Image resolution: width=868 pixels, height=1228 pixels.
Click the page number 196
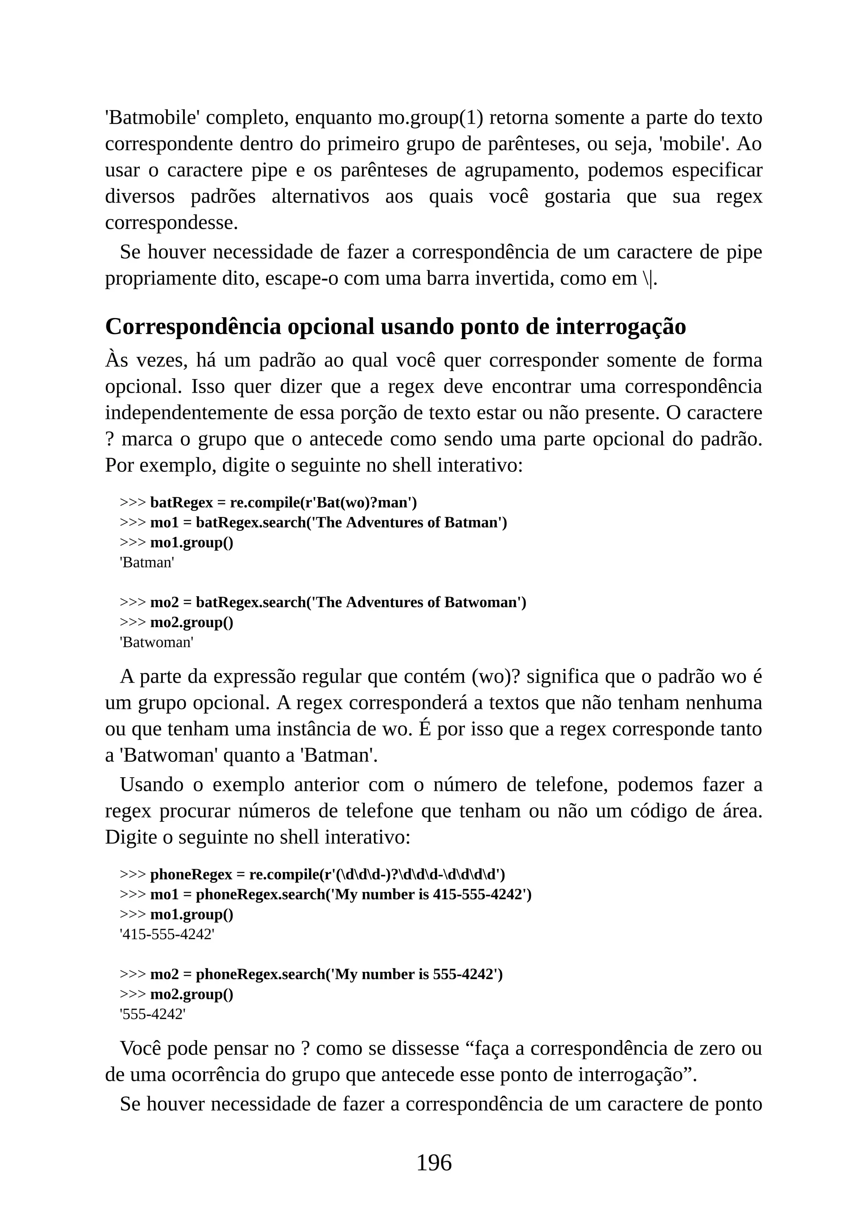tap(434, 1163)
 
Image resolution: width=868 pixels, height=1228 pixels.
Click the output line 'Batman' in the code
tap(147, 562)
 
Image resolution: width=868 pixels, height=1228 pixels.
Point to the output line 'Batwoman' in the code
tap(156, 642)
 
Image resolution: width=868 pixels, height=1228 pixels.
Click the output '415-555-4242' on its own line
tap(167, 935)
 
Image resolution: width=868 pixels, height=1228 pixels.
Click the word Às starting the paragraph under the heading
tap(117, 360)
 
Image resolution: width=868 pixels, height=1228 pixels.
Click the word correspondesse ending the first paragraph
tap(171, 223)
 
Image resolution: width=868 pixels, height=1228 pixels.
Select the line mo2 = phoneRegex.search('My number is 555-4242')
tap(326, 974)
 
